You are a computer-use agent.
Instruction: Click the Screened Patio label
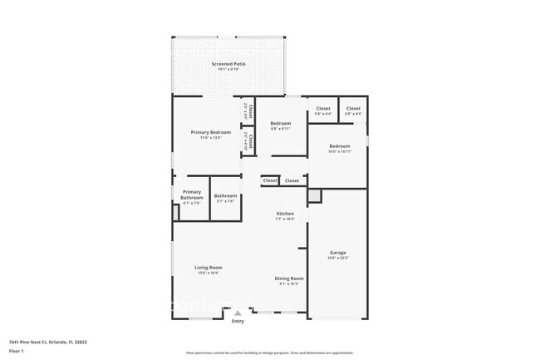point(228,64)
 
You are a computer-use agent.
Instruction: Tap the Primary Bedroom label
point(210,132)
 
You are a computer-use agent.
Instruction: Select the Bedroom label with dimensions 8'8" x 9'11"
point(280,124)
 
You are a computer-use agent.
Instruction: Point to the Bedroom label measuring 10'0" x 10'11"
point(339,146)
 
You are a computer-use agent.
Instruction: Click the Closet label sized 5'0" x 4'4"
point(323,109)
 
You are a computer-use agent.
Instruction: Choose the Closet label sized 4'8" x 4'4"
point(353,109)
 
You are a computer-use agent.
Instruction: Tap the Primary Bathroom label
point(192,195)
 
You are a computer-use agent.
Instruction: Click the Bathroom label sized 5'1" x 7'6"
point(225,196)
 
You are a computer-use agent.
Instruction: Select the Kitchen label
point(285,214)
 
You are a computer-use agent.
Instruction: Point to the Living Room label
point(209,267)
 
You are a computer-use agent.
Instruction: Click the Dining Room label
point(289,279)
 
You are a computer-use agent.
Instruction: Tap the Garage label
point(337,253)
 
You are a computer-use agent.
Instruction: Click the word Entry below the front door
point(238,321)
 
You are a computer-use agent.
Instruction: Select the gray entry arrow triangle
point(238,313)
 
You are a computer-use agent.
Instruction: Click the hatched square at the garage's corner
point(314,196)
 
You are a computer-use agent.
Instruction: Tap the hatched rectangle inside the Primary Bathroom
point(176,212)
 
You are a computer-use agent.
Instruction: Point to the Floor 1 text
point(17,351)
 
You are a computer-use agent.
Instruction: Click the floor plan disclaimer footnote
point(269,353)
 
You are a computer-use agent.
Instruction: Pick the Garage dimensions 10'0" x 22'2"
point(337,258)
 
